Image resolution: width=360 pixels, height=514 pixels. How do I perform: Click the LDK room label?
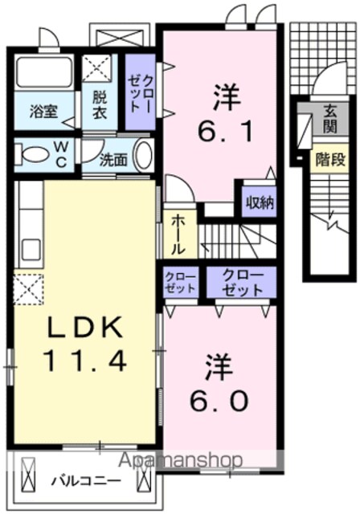click(85, 328)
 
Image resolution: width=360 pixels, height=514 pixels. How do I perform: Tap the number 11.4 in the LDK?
click(85, 361)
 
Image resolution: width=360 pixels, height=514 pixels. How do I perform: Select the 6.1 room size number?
click(225, 132)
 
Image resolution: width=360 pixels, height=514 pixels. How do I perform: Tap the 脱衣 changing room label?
click(99, 104)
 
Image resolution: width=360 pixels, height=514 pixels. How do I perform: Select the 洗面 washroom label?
click(112, 160)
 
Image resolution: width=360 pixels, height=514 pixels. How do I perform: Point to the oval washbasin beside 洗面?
click(145, 156)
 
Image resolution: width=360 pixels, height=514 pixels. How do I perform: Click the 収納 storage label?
click(260, 203)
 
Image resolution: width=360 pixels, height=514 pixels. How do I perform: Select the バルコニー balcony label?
click(87, 482)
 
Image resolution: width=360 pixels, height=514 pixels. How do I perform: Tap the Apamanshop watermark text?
click(180, 460)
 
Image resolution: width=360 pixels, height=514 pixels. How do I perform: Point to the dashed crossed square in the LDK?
click(29, 289)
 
